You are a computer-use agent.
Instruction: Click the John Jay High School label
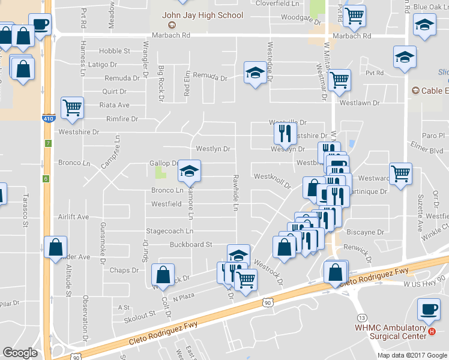(x=203, y=16)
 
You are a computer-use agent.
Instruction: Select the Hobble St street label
(x=114, y=51)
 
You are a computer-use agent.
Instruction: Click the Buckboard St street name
(x=191, y=245)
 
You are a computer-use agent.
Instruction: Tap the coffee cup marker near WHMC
(x=429, y=309)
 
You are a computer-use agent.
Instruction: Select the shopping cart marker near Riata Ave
(x=72, y=108)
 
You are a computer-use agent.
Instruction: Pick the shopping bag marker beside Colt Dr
(x=163, y=275)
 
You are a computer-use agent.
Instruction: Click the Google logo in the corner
(x=20, y=353)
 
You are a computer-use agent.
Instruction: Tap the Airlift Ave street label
(x=73, y=217)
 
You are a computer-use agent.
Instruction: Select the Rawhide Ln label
(x=235, y=193)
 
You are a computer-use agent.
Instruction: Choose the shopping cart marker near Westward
(x=400, y=174)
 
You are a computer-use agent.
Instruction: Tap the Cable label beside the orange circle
(x=435, y=91)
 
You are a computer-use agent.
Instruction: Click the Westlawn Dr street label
(x=360, y=103)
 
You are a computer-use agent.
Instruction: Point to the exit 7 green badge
(x=47, y=143)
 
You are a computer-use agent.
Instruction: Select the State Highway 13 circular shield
(x=361, y=317)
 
